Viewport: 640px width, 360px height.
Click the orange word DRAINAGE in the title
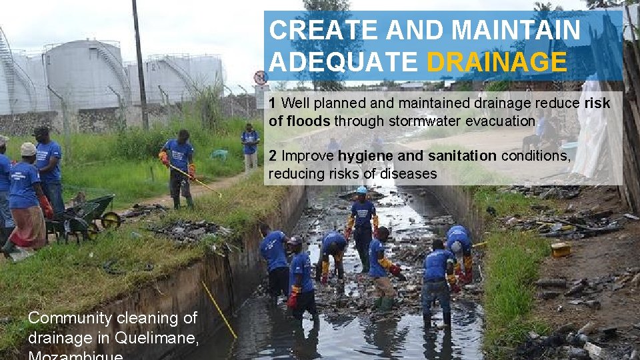tap(497, 62)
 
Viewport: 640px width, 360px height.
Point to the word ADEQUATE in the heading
tap(344, 62)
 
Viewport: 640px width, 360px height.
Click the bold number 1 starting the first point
tap(273, 103)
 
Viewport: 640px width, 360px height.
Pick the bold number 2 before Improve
tap(273, 156)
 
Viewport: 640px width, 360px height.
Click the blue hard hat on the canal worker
tap(362, 190)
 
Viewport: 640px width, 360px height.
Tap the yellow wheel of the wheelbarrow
tap(111, 220)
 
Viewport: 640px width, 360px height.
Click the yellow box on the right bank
tap(561, 250)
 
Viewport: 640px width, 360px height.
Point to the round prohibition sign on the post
tap(260, 77)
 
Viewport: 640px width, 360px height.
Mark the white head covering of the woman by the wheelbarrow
tap(28, 149)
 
